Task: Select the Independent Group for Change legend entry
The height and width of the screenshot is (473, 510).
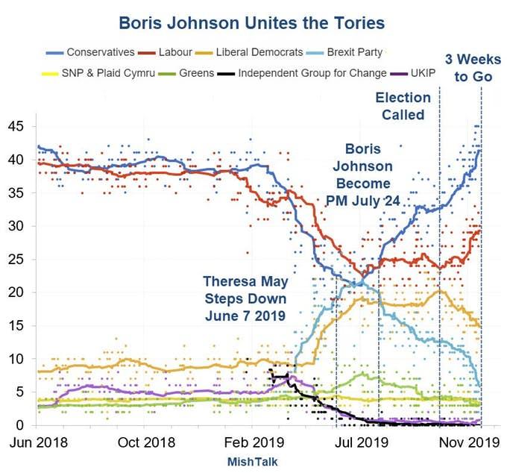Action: coord(314,73)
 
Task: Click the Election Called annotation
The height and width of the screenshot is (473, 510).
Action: coord(403,106)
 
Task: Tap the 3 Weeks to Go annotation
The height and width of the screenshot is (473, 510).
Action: coord(468,68)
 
